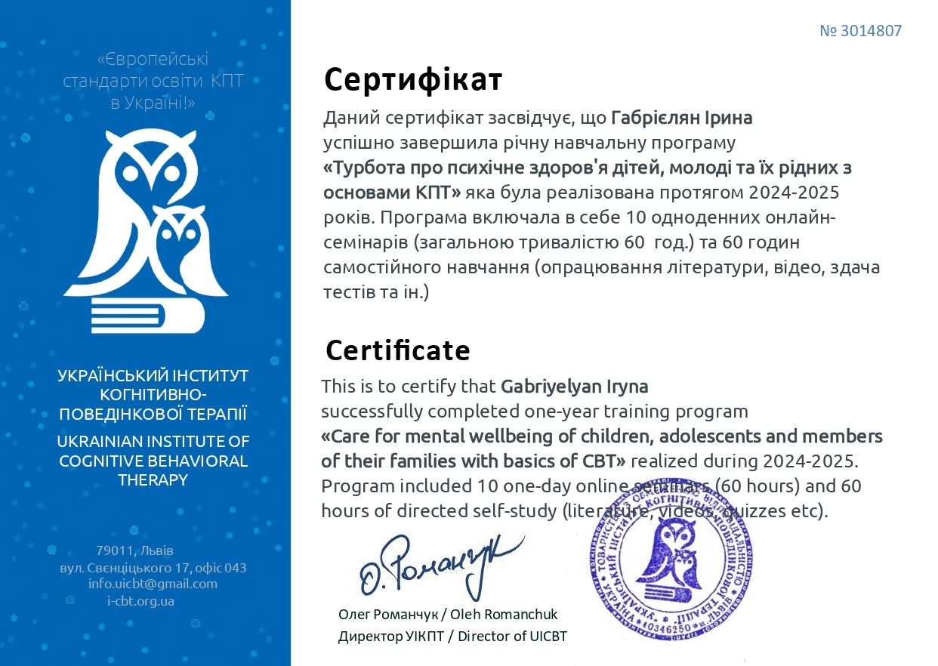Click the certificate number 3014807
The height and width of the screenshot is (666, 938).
[861, 31]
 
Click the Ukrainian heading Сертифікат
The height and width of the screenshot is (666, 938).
[413, 79]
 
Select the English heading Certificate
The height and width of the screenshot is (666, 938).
[397, 350]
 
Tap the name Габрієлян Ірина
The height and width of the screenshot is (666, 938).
[681, 118]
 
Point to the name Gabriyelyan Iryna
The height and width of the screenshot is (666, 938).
[574, 387]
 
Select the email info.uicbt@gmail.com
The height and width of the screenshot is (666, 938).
[153, 584]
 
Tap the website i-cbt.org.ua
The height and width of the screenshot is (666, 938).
[141, 601]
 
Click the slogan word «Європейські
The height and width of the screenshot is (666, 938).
[153, 59]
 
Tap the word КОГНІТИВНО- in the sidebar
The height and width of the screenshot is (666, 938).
[153, 395]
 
